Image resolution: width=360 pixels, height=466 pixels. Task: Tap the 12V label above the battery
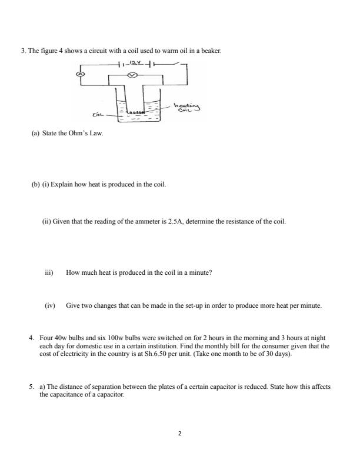coord(136,61)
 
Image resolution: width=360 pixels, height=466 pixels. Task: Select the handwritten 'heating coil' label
coord(188,105)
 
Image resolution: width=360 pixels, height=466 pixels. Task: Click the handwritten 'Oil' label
coord(98,115)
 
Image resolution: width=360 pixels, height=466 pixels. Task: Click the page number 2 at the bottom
coord(180,434)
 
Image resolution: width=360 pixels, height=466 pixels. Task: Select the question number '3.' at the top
coord(24,51)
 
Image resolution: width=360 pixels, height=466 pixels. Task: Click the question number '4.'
coord(32,338)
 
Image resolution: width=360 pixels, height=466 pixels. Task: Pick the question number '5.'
coord(32,387)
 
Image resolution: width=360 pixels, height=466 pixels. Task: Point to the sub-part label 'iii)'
coord(49,273)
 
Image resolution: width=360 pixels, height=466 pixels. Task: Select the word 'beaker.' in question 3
coord(210,51)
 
